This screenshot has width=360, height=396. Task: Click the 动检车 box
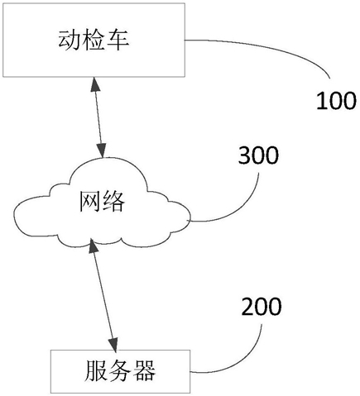coord(94,40)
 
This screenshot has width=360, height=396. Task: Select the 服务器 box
coord(120,371)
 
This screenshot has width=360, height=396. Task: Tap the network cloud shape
coord(102,203)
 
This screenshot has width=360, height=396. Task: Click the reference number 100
coord(336,101)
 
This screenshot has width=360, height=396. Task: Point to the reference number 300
coord(258,155)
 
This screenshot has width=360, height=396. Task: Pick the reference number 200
coord(262,306)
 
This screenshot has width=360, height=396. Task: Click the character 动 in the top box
coord(69,40)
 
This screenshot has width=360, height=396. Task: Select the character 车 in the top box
coord(118,40)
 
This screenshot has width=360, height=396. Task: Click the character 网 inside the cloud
coord(90,202)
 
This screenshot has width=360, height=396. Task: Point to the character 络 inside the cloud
coord(113,202)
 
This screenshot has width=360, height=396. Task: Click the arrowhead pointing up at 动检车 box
coord(95,84)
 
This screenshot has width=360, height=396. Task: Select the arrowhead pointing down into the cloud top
coord(102,150)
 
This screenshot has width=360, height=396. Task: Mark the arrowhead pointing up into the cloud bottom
coord(94,246)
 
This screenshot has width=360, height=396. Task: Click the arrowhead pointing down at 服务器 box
coord(113,345)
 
